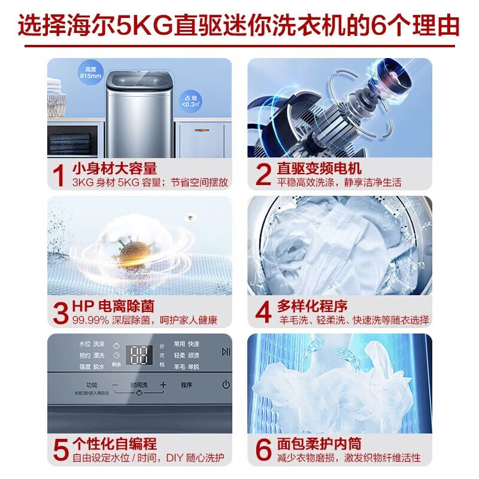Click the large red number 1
point(59,174)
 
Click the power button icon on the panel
point(225,385)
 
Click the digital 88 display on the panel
point(141,356)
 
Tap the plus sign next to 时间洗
point(162,385)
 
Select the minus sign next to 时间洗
point(115,385)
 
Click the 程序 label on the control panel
point(187,385)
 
